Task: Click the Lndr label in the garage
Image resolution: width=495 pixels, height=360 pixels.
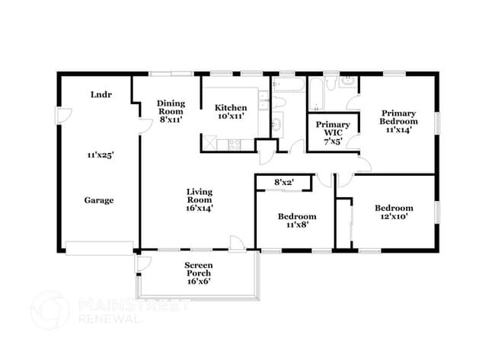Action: coord(97,95)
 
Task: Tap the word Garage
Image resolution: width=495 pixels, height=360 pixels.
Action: coord(99,200)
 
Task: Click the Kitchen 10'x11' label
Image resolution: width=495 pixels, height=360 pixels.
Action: coord(230,112)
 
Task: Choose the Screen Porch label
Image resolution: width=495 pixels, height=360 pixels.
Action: coord(198,273)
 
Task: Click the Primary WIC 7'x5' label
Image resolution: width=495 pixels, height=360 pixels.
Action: coord(333,131)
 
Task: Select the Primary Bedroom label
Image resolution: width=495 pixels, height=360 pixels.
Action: coord(399,120)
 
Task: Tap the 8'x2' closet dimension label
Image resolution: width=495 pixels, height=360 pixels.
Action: coord(284,182)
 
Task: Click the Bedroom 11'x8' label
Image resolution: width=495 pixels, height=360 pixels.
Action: coord(296,221)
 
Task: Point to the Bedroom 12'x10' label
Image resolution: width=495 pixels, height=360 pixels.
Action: coord(394,213)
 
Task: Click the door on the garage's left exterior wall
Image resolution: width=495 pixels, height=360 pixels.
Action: coord(65,118)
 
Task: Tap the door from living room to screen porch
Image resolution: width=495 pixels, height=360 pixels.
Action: coord(238,243)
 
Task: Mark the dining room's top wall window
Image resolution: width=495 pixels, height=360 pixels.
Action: coord(171,74)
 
